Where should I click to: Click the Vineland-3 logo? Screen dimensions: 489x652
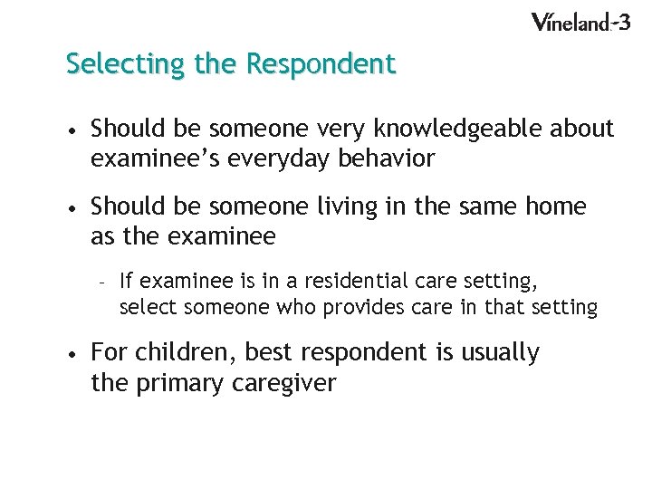[580, 22]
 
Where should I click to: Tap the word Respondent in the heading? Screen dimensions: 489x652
[321, 64]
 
